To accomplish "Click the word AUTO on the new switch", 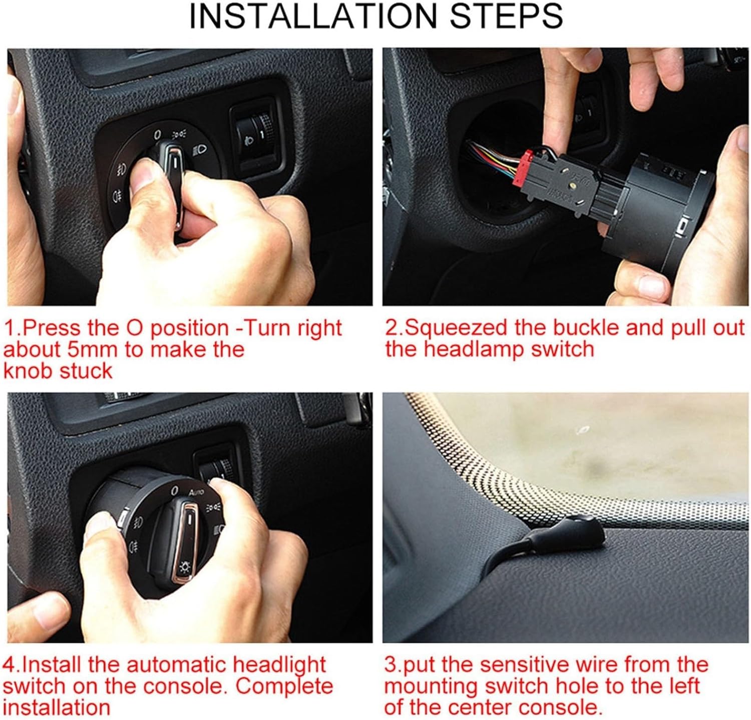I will (x=196, y=492).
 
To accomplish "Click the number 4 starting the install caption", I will (x=9, y=665).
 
